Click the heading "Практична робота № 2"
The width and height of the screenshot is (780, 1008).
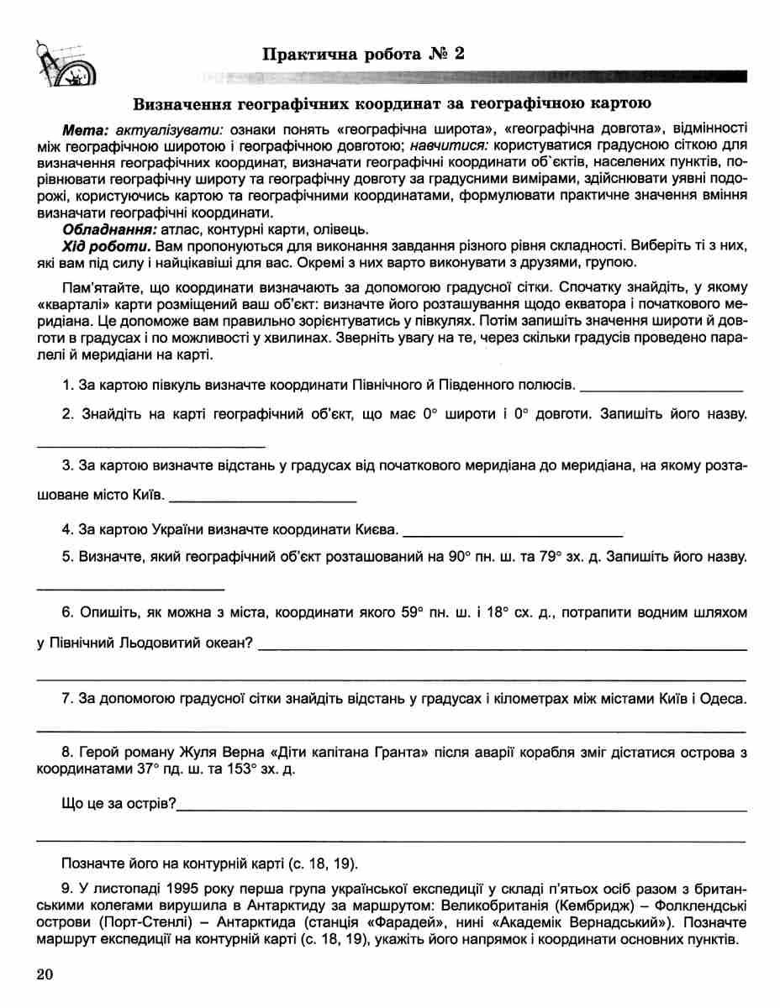click(x=363, y=55)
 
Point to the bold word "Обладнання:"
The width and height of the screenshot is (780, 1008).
click(x=101, y=229)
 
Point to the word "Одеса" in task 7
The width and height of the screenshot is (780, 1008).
click(x=725, y=698)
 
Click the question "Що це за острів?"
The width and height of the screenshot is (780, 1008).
click(x=119, y=805)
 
